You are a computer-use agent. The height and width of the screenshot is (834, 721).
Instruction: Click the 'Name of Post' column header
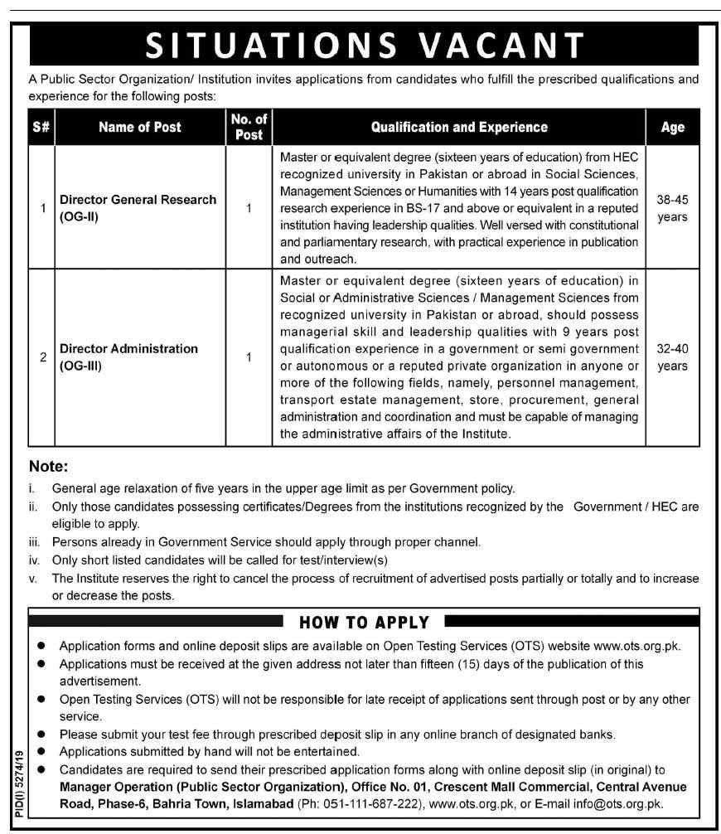pyautogui.click(x=139, y=127)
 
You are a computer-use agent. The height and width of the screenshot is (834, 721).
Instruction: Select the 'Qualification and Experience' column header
pyautogui.click(x=458, y=127)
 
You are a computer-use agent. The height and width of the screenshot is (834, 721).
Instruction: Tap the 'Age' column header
pyautogui.click(x=672, y=127)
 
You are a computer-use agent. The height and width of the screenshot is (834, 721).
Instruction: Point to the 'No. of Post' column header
pyautogui.click(x=249, y=127)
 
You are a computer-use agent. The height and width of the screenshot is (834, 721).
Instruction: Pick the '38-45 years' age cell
pyautogui.click(x=672, y=208)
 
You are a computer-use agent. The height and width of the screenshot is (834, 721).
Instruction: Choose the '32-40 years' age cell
pyautogui.click(x=672, y=357)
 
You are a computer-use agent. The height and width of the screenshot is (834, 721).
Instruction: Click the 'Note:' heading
pyautogui.click(x=49, y=467)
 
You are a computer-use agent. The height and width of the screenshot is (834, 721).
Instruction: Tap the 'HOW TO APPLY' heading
pyautogui.click(x=364, y=622)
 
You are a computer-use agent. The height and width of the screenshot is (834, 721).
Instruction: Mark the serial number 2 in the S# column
pyautogui.click(x=41, y=357)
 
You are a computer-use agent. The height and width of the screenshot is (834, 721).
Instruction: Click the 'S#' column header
pyautogui.click(x=41, y=127)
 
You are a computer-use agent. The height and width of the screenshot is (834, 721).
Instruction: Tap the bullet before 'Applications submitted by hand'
pyautogui.click(x=41, y=752)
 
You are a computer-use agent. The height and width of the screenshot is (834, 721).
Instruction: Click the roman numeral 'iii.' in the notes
pyautogui.click(x=35, y=542)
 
